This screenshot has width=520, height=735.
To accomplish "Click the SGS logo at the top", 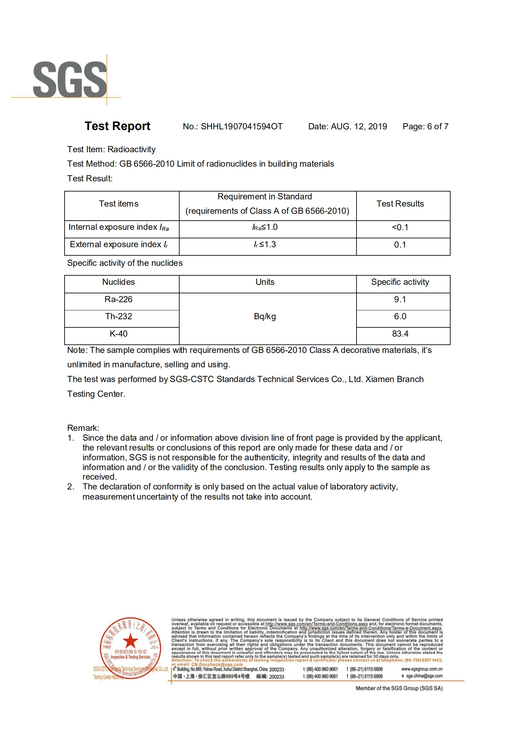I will (x=70, y=80).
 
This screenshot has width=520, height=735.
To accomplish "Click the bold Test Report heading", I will (x=117, y=126).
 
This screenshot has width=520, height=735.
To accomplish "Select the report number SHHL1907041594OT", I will (x=241, y=127).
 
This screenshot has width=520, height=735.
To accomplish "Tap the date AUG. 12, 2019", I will (x=359, y=127).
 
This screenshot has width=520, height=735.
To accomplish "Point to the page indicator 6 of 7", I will (x=437, y=127).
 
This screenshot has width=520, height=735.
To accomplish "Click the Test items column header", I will (x=119, y=204).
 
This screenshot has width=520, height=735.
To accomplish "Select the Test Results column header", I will (x=400, y=204).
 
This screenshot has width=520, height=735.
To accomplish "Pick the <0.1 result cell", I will (x=400, y=227).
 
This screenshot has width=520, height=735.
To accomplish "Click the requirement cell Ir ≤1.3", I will (x=265, y=245).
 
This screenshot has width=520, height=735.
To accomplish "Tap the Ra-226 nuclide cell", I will (x=118, y=299).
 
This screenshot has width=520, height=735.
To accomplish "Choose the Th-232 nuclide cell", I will (x=118, y=316).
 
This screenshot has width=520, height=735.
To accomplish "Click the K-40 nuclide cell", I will (x=118, y=334).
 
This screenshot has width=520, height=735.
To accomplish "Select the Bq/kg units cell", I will (x=265, y=317).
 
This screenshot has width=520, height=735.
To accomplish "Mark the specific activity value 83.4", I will (x=400, y=334).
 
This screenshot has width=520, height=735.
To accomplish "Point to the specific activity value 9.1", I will (x=400, y=299).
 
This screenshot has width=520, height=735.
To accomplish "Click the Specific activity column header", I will (x=400, y=282).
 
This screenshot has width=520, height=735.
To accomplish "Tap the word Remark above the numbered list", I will (x=83, y=428).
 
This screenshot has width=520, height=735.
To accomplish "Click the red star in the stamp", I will (x=130, y=640).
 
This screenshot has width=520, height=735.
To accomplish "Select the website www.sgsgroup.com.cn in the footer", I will (x=422, y=669).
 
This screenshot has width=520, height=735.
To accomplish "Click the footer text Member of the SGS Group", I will (x=399, y=688).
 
